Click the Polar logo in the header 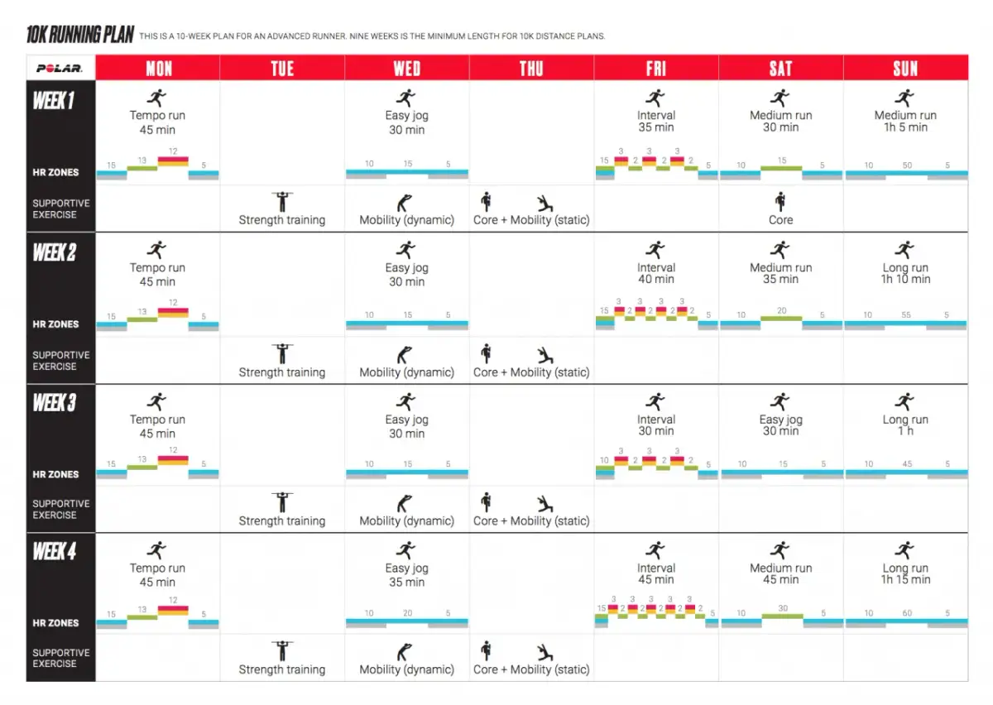[60, 68]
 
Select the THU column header [531, 68]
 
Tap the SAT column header [780, 68]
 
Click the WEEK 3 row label [55, 403]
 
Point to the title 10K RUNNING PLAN [79, 35]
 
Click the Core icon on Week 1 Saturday [780, 201]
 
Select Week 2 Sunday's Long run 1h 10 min [905, 273]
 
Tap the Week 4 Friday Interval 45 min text [656, 573]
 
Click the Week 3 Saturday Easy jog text [780, 424]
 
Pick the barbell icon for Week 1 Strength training [282, 201]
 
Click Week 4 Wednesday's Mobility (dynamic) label [406, 669]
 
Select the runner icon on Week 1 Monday [157, 98]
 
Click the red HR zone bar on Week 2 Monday [173, 311]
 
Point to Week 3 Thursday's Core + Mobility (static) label [531, 520]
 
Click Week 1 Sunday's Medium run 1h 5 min [905, 121]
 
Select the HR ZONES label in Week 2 [55, 324]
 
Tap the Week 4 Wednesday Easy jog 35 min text [406, 575]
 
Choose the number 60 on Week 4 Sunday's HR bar [908, 613]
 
